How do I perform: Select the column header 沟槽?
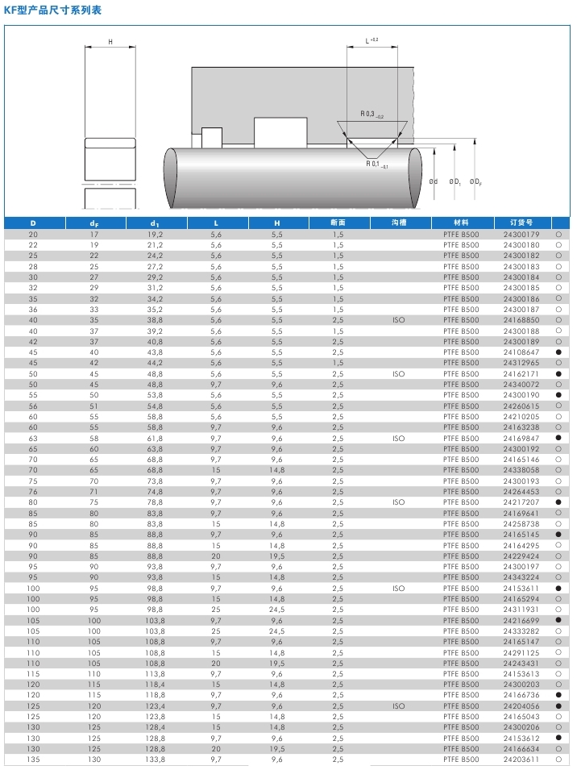pyautogui.click(x=399, y=223)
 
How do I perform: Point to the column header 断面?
pyautogui.click(x=338, y=223)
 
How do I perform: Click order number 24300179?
pyautogui.click(x=521, y=234)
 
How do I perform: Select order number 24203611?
pyautogui.click(x=521, y=760)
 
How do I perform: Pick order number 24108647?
pyautogui.click(x=521, y=352)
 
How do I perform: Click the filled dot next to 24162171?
pyautogui.click(x=558, y=374)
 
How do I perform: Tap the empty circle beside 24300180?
pyautogui.click(x=558, y=245)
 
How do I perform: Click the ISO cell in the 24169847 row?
pyautogui.click(x=399, y=438)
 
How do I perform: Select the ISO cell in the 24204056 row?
pyautogui.click(x=399, y=705)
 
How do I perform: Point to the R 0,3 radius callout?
pyautogui.click(x=372, y=114)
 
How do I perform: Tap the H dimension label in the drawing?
pyautogui.click(x=110, y=41)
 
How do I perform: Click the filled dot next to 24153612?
pyautogui.click(x=558, y=738)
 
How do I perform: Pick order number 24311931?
pyautogui.click(x=521, y=610)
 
